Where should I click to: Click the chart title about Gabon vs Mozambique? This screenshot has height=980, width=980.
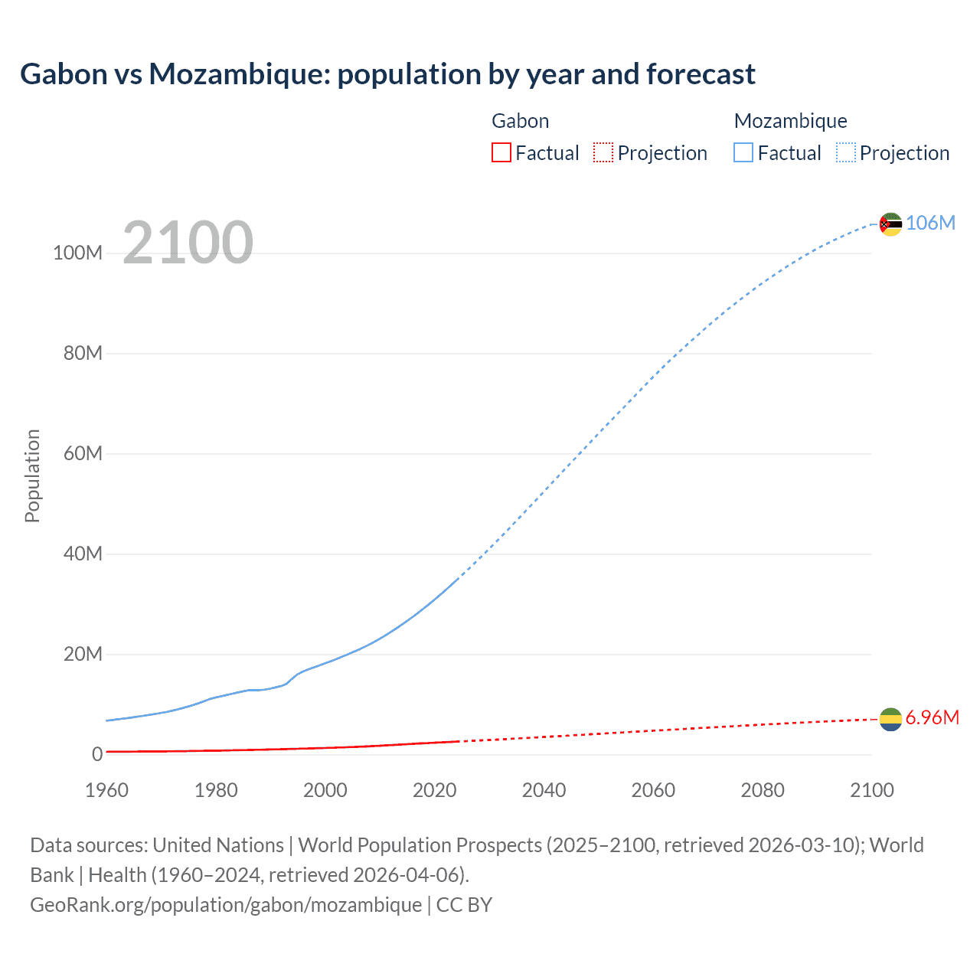point(387,74)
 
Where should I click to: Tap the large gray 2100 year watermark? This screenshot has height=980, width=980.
point(188,243)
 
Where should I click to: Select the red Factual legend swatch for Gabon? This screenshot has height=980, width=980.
point(501,152)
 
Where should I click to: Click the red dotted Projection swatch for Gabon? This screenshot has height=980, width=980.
point(603,152)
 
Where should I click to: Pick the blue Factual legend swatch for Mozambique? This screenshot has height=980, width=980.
point(743,152)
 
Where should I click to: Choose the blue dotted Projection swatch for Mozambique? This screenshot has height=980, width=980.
point(845,152)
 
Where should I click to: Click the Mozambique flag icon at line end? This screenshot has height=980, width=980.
point(890,224)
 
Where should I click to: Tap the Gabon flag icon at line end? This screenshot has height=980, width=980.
point(890,720)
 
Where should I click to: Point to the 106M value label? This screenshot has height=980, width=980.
point(930,223)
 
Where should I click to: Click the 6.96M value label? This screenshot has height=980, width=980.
point(932,717)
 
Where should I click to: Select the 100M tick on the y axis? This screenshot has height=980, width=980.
point(77,253)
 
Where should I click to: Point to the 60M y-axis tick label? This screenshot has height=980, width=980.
point(83,453)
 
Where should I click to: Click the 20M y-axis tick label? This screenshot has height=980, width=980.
point(83,654)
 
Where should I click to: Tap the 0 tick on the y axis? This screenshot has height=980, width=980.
point(97,754)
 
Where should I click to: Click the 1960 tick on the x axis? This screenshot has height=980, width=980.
point(106,790)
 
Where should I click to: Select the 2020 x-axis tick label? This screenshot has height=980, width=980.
point(434,790)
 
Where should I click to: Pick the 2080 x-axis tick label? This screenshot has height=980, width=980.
point(762,790)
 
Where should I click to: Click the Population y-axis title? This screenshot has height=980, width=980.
point(32,475)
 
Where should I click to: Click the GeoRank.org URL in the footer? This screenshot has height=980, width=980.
point(226,905)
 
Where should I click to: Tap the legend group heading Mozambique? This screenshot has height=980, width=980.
point(790,121)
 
